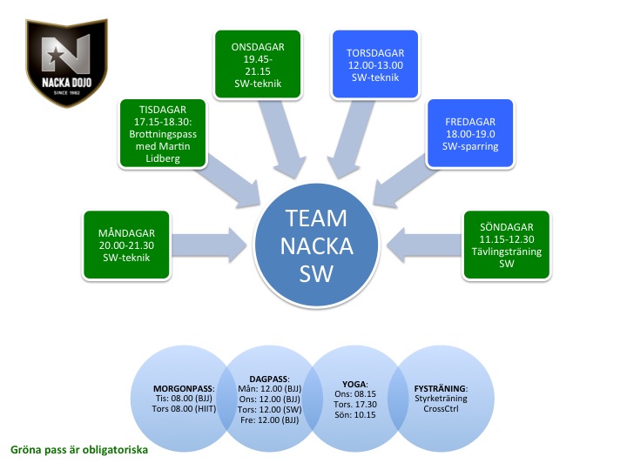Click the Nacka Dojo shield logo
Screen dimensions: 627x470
tap(67, 64)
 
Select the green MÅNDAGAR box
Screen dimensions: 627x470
tap(126, 245)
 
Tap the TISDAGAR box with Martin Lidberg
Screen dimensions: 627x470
tap(163, 133)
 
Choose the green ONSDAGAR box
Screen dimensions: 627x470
tap(258, 64)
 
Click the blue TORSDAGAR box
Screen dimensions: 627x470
tap(375, 64)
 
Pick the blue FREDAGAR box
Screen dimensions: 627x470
tap(470, 133)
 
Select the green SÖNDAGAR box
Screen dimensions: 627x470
tap(507, 245)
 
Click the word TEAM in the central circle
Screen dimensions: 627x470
tap(316, 218)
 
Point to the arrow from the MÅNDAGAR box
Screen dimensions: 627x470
tap(209, 245)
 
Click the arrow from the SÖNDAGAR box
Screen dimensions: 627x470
tap(425, 245)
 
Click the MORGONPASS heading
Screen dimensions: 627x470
tap(184, 388)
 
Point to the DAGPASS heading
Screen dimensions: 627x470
tap(269, 379)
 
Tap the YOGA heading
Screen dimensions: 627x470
tap(354, 384)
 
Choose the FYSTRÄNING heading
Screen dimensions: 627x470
tap(441, 388)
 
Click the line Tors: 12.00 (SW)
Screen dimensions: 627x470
tap(269, 410)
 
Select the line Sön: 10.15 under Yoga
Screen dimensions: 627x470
tap(355, 415)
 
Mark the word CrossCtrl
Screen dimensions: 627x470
tap(441, 409)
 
